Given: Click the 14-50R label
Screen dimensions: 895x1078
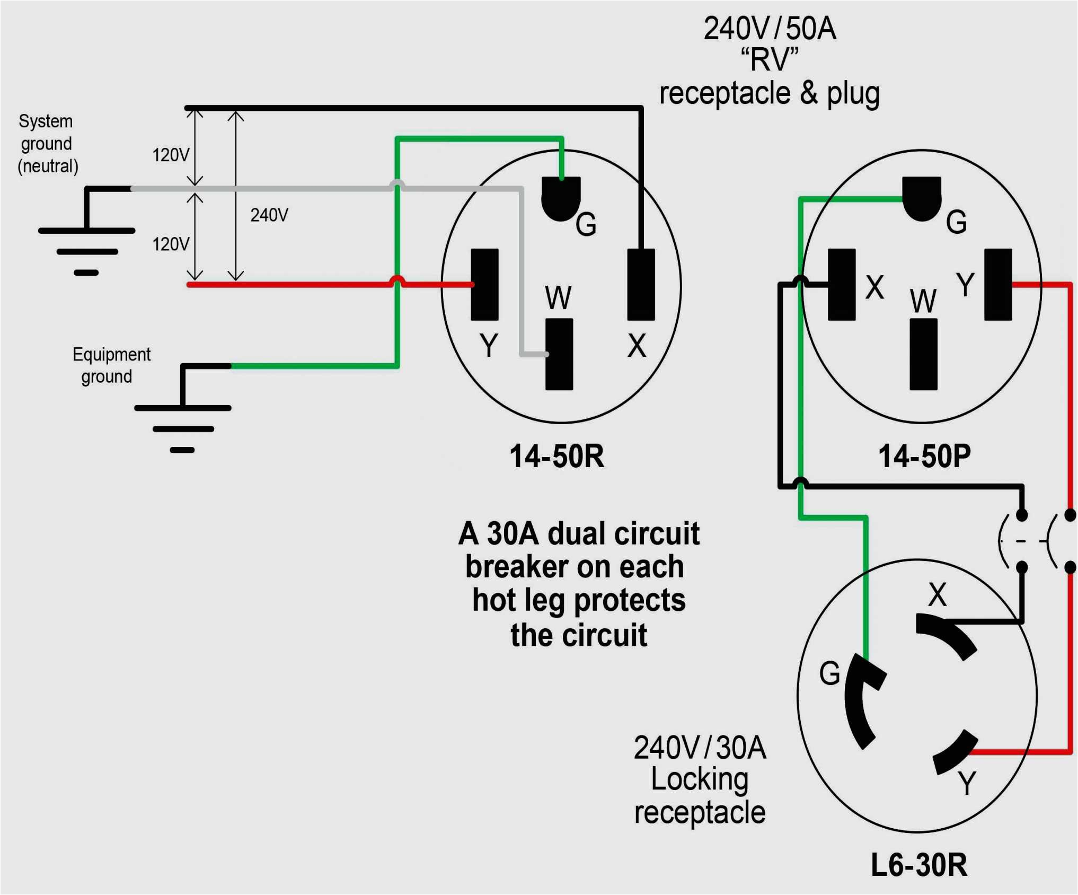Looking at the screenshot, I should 556,456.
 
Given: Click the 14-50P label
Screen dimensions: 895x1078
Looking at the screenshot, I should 924,456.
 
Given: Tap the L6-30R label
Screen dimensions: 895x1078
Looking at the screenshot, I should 919,865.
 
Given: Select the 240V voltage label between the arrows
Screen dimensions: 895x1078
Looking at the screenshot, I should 269,215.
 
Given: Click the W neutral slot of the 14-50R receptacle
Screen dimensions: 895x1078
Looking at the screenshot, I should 559,354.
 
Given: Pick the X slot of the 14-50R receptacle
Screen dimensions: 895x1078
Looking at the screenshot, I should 641,284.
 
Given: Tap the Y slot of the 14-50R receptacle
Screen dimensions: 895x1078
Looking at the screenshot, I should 484,284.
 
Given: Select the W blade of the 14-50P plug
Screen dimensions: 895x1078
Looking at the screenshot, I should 923,354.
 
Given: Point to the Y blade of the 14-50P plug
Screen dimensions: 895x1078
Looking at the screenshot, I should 998,284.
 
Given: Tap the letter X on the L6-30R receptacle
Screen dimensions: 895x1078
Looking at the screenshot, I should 937,594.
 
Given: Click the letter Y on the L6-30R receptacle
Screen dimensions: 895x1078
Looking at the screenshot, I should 967,783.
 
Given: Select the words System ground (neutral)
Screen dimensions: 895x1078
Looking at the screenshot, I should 47,144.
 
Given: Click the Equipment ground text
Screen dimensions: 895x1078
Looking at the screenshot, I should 111,365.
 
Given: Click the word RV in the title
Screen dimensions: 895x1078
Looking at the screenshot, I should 770,59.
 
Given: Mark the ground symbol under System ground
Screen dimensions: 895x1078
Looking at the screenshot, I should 86,249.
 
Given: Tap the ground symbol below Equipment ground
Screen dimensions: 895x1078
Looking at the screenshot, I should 182,427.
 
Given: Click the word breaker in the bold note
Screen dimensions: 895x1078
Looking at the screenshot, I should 509,567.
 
